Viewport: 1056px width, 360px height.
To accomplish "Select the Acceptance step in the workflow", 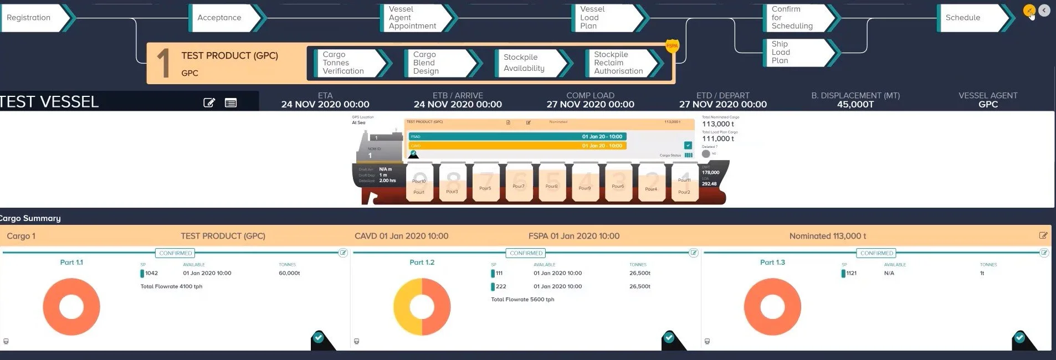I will pos(222,18).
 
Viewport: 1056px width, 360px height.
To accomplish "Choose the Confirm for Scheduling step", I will pos(795,18).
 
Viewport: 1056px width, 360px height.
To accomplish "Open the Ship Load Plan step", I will pos(795,52).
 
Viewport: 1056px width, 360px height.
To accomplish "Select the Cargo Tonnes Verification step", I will pos(346,63).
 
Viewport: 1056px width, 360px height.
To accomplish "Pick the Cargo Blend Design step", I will pos(438,63).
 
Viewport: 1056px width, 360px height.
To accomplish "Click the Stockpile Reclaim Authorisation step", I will pos(619,63).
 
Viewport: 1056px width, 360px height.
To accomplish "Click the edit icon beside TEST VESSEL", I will pos(209,102).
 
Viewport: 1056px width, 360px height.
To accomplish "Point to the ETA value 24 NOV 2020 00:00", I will pos(325,105).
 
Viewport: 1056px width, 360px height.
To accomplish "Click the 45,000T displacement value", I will pos(855,105).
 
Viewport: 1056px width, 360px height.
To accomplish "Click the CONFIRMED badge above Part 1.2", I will pos(526,253).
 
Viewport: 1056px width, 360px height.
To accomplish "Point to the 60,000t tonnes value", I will pos(289,273).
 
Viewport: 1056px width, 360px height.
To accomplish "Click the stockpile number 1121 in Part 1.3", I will pos(852,273).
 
